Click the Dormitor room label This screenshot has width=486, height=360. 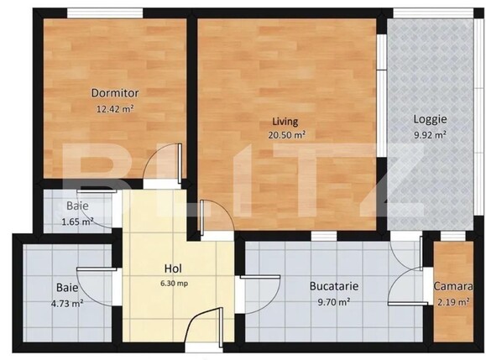point(116,93)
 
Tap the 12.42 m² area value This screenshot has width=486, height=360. point(116,107)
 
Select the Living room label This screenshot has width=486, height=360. point(286,120)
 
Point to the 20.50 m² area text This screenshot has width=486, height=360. point(286,134)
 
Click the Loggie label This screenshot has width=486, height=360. point(429,119)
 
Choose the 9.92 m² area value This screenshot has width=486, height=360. point(429,133)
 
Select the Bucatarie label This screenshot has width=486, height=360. point(334,286)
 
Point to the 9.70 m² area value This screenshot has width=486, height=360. point(334,300)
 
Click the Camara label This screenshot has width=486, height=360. point(453,286)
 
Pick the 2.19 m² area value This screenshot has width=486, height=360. point(453,300)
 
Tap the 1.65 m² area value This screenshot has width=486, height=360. point(77,222)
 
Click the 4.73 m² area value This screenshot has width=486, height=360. point(66,303)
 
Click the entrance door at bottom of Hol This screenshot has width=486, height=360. point(204,328)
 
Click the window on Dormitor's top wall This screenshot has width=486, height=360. point(92,13)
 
